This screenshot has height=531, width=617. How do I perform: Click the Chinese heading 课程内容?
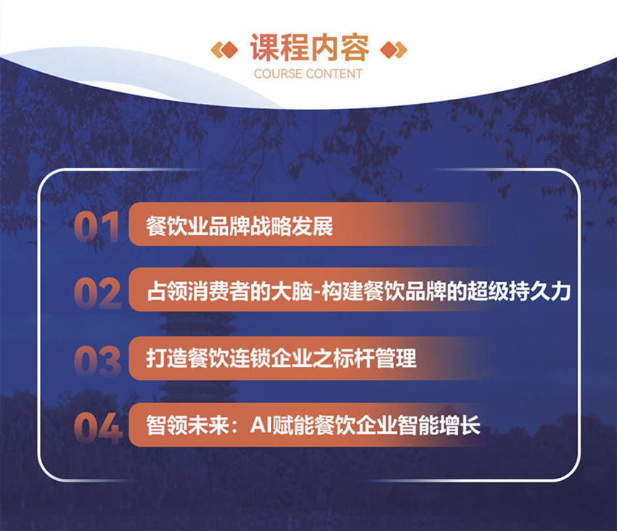click(x=309, y=49)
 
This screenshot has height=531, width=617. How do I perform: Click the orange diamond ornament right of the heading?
click(x=393, y=49)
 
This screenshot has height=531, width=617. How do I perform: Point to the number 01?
click(x=97, y=226)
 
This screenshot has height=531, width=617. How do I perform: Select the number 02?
click(x=98, y=293)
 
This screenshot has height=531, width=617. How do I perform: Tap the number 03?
click(x=98, y=360)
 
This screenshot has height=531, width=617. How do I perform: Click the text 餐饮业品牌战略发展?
click(x=239, y=226)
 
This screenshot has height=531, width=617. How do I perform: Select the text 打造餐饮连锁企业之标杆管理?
click(x=281, y=360)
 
